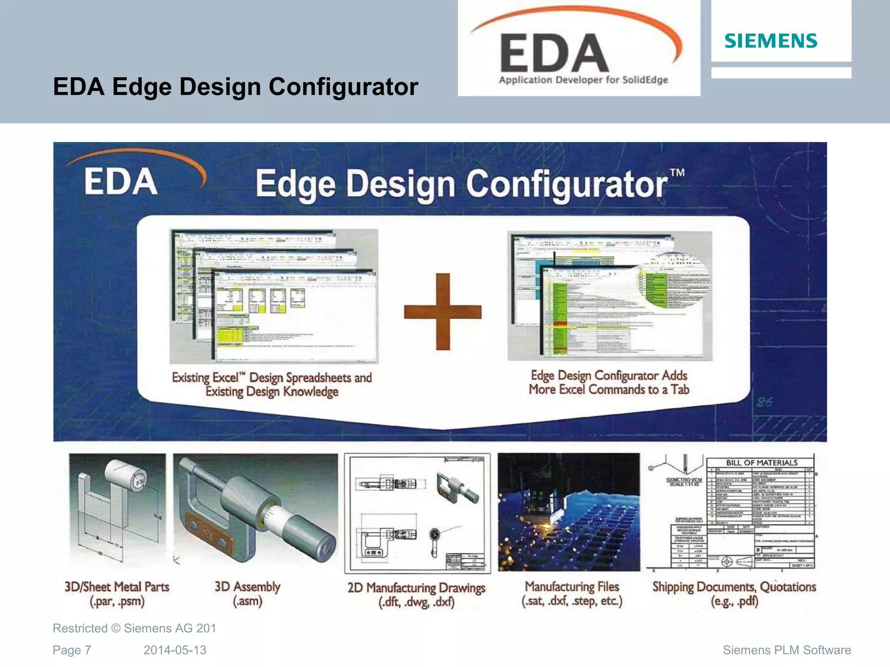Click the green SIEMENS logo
coord(770,41)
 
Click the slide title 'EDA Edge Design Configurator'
coord(235,86)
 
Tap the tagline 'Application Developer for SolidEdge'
coord(583,80)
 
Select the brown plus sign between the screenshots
coord(442,311)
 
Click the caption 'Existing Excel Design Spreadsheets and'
coord(272,377)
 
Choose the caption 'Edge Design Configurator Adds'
coord(609,375)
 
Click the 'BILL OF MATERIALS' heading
coord(761,462)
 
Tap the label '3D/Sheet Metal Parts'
coord(116,587)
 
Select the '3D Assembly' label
coord(247,587)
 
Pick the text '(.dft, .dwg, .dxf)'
coord(416,602)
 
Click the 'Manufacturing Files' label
coord(572,587)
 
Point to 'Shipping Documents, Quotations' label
coord(734,587)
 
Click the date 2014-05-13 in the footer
coord(175,650)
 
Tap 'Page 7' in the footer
coord(72,650)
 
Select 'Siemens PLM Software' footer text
coord(787,650)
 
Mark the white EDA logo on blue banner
coord(121,182)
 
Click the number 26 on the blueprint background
coord(764,402)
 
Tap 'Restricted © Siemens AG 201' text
coord(134,628)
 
